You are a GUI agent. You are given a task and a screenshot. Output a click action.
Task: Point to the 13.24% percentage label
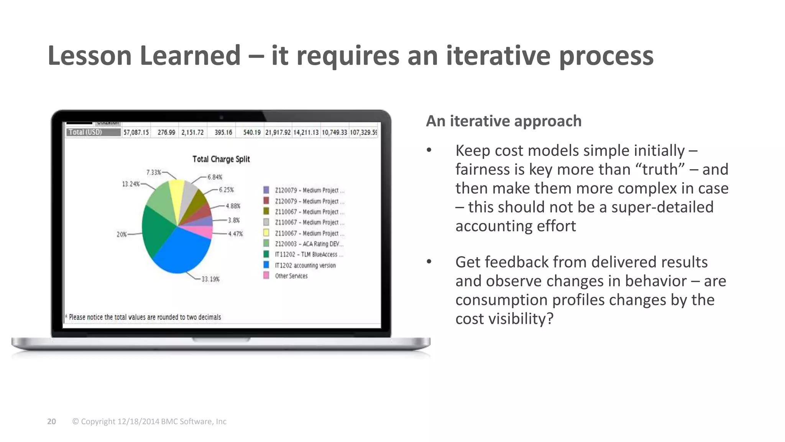(131, 184)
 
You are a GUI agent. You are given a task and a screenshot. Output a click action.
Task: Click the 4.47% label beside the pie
(235, 234)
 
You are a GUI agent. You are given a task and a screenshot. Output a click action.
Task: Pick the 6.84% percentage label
(215, 177)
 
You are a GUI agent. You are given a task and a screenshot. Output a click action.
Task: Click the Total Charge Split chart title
(221, 159)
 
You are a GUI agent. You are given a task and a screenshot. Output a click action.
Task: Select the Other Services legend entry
(291, 276)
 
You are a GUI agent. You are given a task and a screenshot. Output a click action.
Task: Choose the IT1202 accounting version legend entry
(305, 265)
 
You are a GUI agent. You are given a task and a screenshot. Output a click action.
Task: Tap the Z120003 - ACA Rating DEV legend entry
(309, 244)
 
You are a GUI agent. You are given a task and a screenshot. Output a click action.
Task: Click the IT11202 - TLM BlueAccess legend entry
(309, 254)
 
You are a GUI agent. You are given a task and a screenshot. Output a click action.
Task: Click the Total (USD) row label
(85, 132)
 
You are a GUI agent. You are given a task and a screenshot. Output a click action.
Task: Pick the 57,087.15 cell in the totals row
(136, 132)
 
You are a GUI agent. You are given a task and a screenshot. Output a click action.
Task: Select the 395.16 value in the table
(223, 132)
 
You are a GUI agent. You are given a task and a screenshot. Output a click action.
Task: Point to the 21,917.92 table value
(278, 132)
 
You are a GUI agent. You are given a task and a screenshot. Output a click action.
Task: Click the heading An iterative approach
(504, 121)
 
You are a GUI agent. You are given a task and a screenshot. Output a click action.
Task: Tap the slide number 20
(51, 421)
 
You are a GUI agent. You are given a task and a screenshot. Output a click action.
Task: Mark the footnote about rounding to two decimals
(143, 317)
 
